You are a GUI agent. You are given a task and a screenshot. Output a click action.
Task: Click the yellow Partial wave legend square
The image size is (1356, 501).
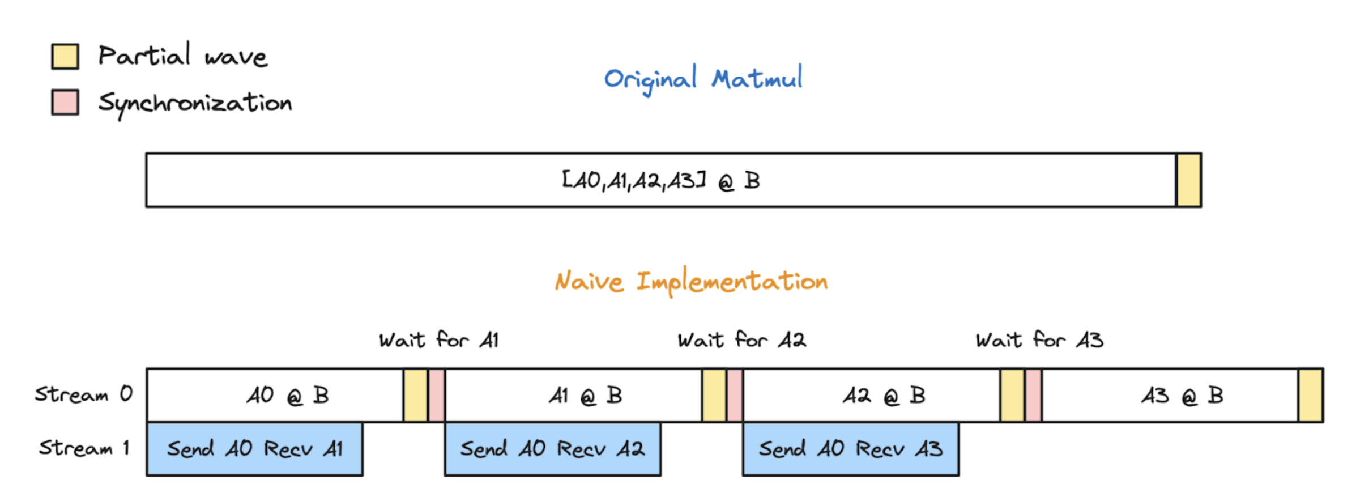pyautogui.click(x=65, y=56)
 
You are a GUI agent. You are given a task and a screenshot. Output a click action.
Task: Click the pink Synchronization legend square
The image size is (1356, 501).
pyautogui.click(x=65, y=102)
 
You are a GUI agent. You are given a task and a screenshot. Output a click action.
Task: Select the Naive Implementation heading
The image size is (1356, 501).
pyautogui.click(x=691, y=282)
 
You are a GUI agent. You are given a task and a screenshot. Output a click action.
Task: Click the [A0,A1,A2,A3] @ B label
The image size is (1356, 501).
pyautogui.click(x=660, y=181)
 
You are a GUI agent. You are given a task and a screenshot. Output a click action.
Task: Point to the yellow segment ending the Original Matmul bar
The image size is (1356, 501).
pyautogui.click(x=1188, y=180)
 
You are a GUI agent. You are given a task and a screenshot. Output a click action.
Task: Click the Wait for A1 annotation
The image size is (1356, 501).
pyautogui.click(x=439, y=340)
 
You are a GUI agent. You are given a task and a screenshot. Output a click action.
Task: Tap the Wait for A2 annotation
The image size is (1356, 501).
pyautogui.click(x=741, y=340)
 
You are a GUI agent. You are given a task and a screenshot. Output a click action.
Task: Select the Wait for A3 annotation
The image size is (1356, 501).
pyautogui.click(x=1039, y=340)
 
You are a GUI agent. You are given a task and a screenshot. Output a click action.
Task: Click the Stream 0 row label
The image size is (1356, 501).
pyautogui.click(x=84, y=394)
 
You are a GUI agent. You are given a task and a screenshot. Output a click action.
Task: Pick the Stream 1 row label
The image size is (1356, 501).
pyautogui.click(x=84, y=448)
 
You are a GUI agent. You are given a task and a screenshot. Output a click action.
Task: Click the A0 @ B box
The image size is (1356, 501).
pyautogui.click(x=275, y=395)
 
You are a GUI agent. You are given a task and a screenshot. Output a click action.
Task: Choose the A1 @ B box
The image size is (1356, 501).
pyautogui.click(x=573, y=395)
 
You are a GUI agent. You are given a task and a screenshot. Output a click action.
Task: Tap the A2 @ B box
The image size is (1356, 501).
pyautogui.click(x=871, y=395)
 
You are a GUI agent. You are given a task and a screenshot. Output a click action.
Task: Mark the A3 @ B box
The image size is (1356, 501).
pyautogui.click(x=1170, y=395)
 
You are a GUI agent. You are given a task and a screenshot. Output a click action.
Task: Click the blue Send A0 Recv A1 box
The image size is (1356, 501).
pyautogui.click(x=254, y=449)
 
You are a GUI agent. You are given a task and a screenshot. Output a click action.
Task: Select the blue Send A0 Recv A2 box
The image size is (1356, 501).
pyautogui.click(x=552, y=449)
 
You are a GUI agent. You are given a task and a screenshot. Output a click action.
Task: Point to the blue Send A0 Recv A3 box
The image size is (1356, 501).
pyautogui.click(x=850, y=449)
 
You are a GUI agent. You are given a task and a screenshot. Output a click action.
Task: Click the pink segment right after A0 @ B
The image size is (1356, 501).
pyautogui.click(x=436, y=395)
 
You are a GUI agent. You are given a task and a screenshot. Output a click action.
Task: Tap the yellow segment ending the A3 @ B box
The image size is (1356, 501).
pyautogui.click(x=1310, y=395)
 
